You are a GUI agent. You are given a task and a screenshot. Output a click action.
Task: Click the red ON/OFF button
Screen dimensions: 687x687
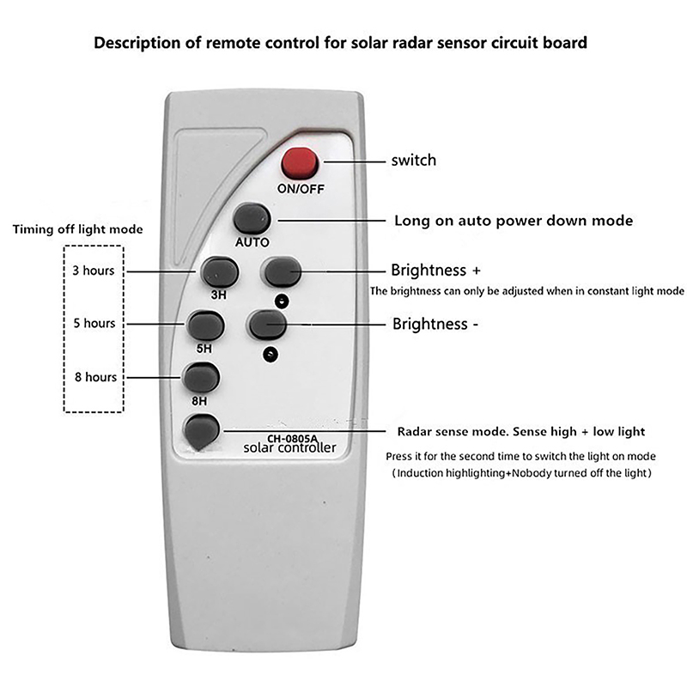pyautogui.click(x=300, y=161)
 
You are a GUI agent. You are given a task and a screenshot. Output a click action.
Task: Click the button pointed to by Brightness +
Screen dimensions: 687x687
pyautogui.click(x=283, y=271)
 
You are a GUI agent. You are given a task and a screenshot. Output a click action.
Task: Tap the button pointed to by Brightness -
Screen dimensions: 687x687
pyautogui.click(x=267, y=325)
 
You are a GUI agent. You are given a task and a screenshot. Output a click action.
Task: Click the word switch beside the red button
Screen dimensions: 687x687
pyautogui.click(x=414, y=160)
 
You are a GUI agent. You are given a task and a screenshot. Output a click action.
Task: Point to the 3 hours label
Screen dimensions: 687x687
pyautogui.click(x=94, y=271)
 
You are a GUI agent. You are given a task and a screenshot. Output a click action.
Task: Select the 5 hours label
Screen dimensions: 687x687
pyautogui.click(x=94, y=324)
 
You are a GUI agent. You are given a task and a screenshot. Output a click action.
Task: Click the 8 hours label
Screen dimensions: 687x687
pyautogui.click(x=94, y=377)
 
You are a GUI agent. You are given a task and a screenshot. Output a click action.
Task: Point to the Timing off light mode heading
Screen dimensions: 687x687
pyautogui.click(x=77, y=229)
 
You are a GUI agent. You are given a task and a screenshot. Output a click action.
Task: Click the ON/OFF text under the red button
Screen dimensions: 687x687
pyautogui.click(x=301, y=190)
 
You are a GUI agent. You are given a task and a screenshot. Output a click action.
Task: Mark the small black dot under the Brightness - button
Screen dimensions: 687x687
pyautogui.click(x=272, y=353)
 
